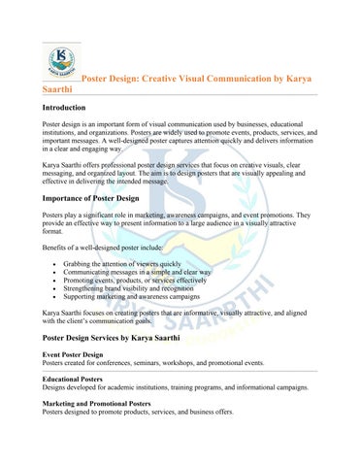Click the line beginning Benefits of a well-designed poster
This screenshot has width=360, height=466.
pos(112,249)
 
